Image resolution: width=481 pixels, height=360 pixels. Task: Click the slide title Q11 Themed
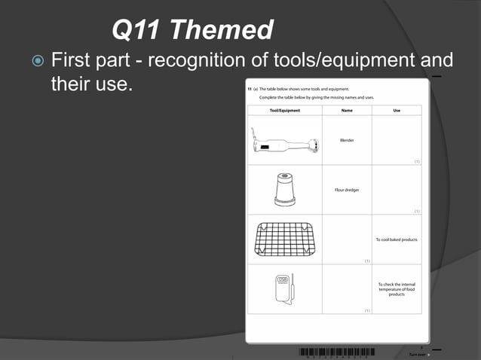[191, 30]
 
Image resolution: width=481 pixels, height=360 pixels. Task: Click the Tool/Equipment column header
[284, 111]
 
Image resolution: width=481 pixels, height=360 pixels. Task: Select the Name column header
[347, 111]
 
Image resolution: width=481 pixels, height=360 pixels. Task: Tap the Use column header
[397, 111]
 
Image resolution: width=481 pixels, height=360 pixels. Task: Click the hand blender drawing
[283, 144]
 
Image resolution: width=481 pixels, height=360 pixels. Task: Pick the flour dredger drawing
[284, 189]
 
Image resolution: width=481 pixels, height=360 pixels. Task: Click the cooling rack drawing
[283, 239]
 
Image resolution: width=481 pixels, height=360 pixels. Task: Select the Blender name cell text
[347, 140]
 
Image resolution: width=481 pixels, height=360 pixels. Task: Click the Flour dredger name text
[347, 190]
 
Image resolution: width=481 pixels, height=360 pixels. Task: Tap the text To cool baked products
[397, 239]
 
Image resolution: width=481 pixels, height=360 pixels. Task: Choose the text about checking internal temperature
[397, 289]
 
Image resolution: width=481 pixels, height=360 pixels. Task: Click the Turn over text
[417, 354]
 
